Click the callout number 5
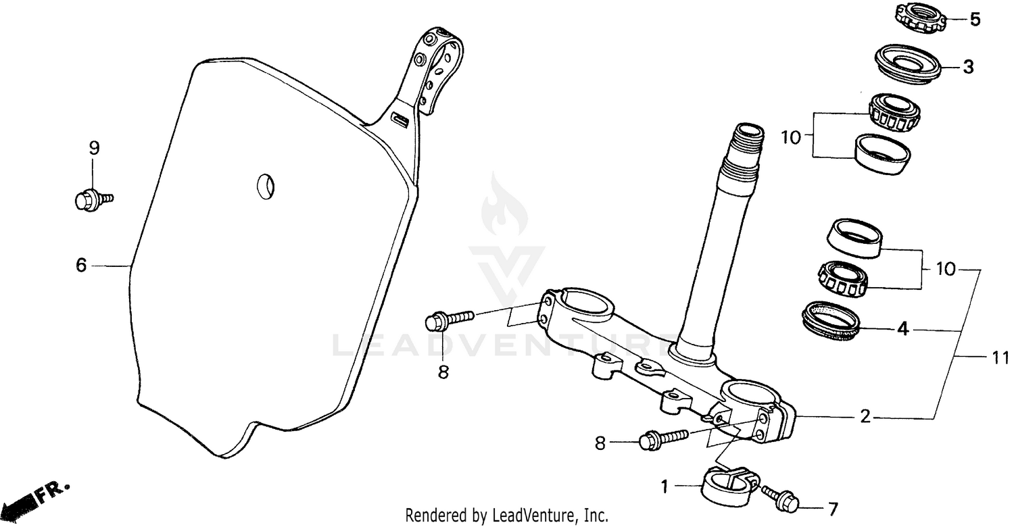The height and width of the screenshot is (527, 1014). coord(974,20)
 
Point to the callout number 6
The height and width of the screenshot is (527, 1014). coord(81,266)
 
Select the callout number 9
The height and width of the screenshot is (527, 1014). coord(94,147)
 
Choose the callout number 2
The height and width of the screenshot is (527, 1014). coord(865,418)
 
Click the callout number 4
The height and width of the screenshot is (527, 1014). coord(902,330)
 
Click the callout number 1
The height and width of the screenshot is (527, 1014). coord(665,486)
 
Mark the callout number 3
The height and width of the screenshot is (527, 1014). coord(968,67)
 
